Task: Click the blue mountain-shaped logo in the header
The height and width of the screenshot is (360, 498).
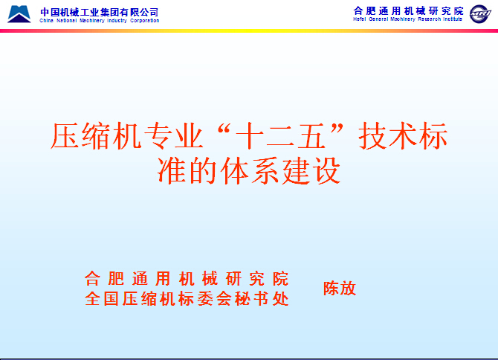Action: pyautogui.click(x=19, y=13)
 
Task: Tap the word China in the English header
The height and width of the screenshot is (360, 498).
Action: pyautogui.click(x=46, y=21)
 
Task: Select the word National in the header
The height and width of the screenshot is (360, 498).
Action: pyautogui.click(x=67, y=21)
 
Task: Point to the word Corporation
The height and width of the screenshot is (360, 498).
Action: pyautogui.click(x=144, y=21)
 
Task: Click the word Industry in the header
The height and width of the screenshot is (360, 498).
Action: pyautogui.click(x=117, y=21)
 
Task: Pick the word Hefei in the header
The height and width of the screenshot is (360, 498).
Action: pyautogui.click(x=360, y=19)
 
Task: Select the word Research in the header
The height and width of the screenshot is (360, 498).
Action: pyautogui.click(x=430, y=19)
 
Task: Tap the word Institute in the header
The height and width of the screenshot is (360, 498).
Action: pyautogui.click(x=453, y=19)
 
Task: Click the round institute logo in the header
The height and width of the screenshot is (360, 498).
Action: pyautogui.click(x=480, y=14)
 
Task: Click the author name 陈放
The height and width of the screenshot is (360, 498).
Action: pyautogui.click(x=340, y=289)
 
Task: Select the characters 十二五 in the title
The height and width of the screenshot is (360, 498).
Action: pyautogui.click(x=280, y=136)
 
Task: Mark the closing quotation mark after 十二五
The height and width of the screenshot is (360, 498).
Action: pyautogui.click(x=337, y=128)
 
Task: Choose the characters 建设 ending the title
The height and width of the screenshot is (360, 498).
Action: pyautogui.click(x=311, y=170)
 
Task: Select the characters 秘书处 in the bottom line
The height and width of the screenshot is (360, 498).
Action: pyautogui.click(x=262, y=299)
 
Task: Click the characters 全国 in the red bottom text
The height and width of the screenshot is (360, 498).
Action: pyautogui.click(x=102, y=299)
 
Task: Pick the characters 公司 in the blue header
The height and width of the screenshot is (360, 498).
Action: pyautogui.click(x=149, y=12)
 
